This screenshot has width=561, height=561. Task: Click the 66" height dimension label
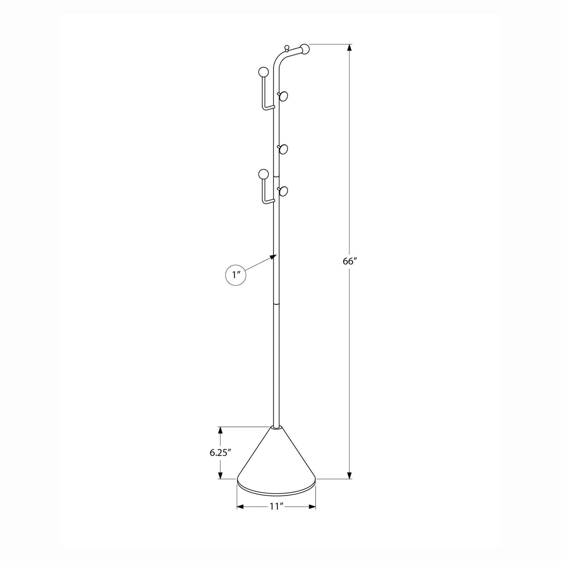pyautogui.click(x=350, y=261)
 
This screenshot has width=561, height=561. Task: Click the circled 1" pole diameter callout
pyautogui.click(x=236, y=274)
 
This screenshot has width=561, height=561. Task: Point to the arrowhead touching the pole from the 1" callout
pyautogui.click(x=273, y=256)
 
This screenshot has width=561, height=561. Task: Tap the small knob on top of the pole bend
pyautogui.click(x=287, y=48)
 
